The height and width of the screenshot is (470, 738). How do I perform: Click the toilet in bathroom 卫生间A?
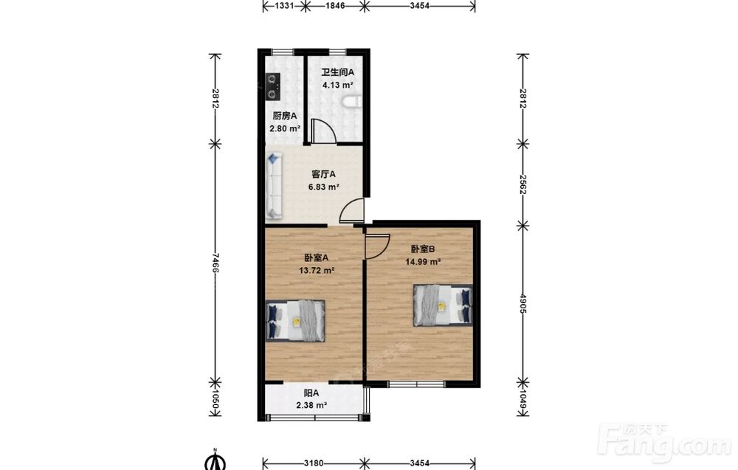354,102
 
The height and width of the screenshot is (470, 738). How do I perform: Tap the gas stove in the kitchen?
272,86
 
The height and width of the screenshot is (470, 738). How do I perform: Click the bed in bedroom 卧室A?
296,320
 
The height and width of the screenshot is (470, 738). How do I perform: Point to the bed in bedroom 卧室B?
443,305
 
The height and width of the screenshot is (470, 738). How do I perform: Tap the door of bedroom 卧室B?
377,244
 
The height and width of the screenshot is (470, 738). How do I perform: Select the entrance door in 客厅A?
353,210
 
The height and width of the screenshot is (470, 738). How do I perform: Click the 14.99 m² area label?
423,262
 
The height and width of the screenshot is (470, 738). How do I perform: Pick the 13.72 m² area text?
317,271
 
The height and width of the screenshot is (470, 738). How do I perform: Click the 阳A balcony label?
311,393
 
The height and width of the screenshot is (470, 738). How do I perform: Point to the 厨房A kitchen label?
285,116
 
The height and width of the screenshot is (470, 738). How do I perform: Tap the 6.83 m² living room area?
324,187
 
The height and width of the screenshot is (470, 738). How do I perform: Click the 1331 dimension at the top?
284,6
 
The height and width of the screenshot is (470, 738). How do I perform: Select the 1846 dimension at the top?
335,6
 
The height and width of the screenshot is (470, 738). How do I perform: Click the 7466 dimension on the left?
215,263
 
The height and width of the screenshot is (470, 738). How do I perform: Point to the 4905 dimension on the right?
523,304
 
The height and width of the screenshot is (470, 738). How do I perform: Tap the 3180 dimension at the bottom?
314,463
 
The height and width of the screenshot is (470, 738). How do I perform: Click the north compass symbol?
215,460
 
